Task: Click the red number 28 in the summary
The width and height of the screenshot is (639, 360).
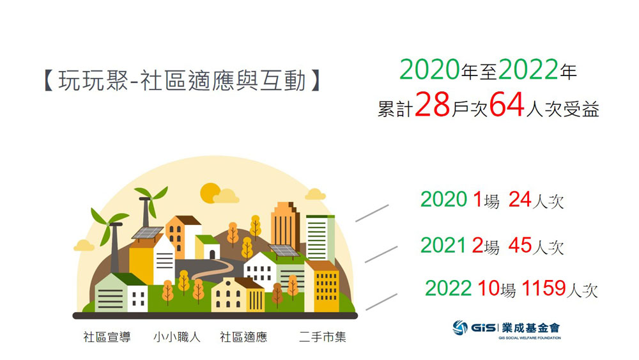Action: [x=433, y=106]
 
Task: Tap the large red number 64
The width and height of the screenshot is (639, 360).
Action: [x=507, y=106]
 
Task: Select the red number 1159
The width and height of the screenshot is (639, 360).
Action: [x=544, y=288]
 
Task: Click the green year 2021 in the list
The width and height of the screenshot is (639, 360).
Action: [x=443, y=246]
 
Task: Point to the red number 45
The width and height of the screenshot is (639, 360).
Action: [x=520, y=246]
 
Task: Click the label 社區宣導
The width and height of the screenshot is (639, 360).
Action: [x=107, y=337]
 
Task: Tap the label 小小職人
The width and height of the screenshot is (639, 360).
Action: [x=177, y=337]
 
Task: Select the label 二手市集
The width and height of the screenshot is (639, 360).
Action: [x=322, y=337]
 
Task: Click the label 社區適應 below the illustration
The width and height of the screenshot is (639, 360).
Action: [x=243, y=337]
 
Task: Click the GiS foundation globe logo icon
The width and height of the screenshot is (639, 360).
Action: [x=460, y=328]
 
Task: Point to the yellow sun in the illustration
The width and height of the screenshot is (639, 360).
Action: [x=210, y=193]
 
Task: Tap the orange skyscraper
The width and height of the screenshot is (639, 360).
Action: [x=286, y=227]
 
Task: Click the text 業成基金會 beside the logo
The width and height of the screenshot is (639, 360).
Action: [x=531, y=328]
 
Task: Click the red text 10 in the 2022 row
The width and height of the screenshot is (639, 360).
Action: [x=488, y=288]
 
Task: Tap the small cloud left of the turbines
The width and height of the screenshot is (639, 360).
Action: [x=84, y=246]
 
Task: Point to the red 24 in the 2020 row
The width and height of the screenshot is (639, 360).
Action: [x=520, y=200]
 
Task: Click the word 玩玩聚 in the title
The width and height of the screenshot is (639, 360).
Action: [x=93, y=81]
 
